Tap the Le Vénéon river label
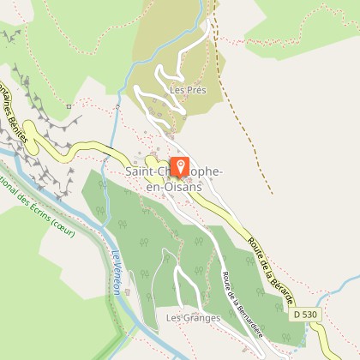coord(115,273)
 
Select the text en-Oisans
coord(175,186)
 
